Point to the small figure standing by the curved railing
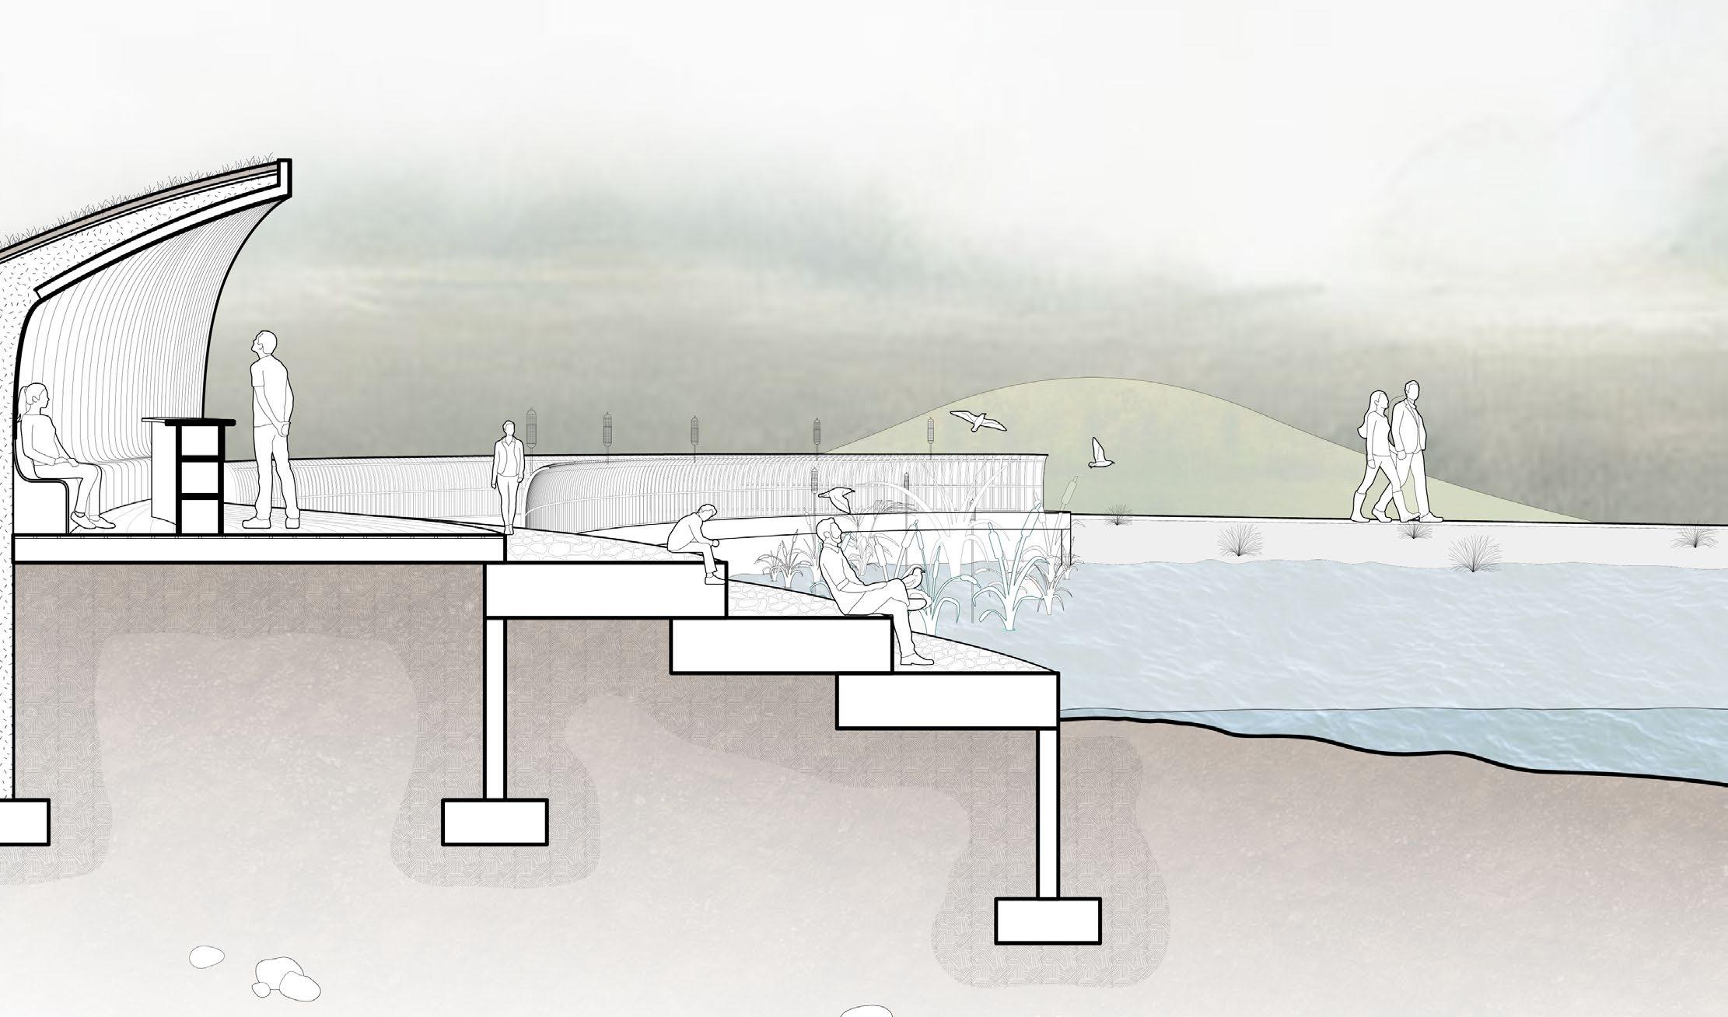509,470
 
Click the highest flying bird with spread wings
977,421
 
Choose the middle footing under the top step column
494,822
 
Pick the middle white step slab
780,646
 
